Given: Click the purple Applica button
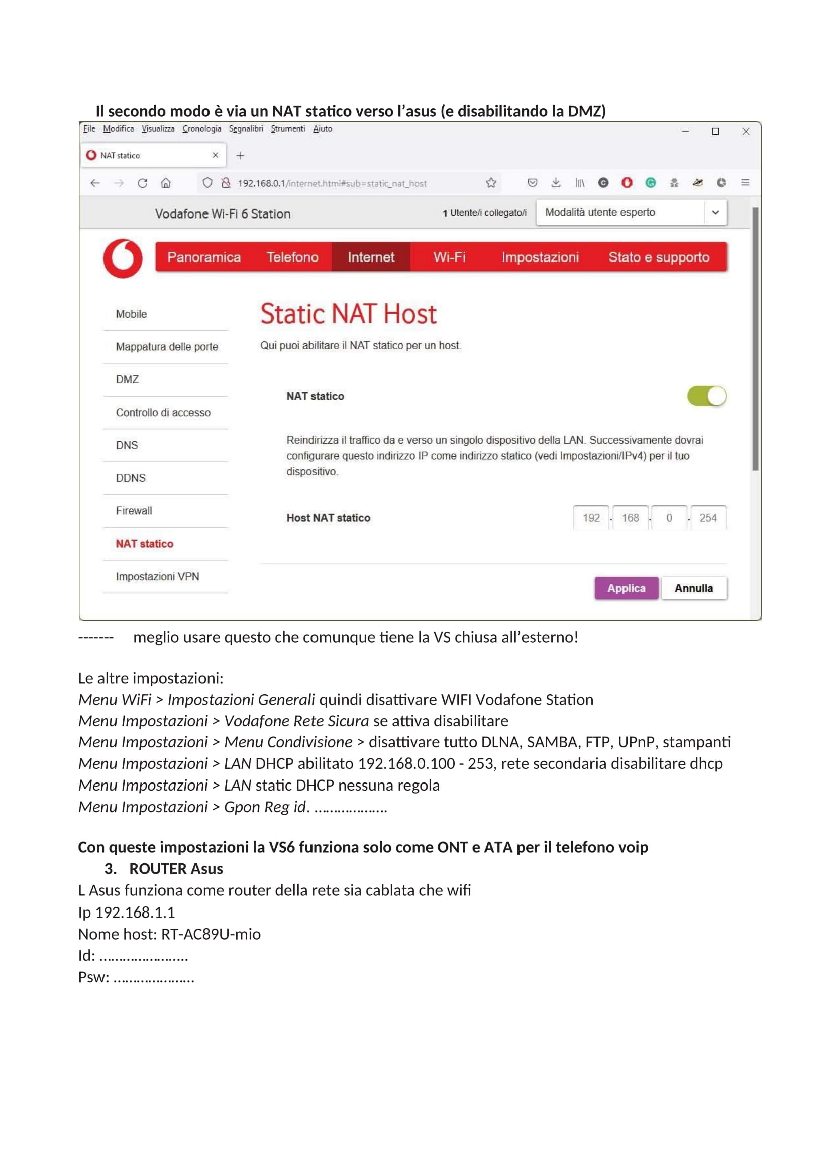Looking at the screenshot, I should tap(626, 588).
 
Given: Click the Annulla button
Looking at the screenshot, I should tap(693, 588).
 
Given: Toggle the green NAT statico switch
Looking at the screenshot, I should tap(707, 396).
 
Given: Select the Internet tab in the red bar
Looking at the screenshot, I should tap(370, 256).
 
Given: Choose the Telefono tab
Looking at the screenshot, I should tap(292, 256).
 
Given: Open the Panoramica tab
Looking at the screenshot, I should tap(203, 256).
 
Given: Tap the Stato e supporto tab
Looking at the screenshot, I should tap(659, 256).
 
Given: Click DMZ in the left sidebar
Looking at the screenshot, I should tap(128, 379).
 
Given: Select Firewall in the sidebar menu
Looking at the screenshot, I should tap(134, 511).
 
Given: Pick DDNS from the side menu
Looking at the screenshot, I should tap(131, 478).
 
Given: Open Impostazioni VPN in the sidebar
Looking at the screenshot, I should tap(158, 576).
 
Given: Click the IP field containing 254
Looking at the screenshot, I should tap(708, 518).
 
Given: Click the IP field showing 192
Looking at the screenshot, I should tap(591, 518).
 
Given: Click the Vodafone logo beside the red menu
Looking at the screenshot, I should tap(123, 258).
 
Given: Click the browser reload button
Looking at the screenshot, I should tap(142, 183).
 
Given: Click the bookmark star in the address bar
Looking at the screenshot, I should tap(491, 183).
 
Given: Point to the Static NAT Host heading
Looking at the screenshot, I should tap(349, 313).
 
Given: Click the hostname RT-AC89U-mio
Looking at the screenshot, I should tap(211, 934).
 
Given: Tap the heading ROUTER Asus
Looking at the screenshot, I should tap(175, 869).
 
